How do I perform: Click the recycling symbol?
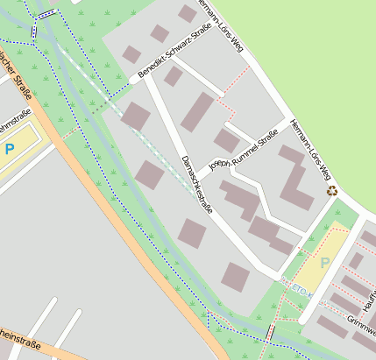point(332,189)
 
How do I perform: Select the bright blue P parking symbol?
point(10,150)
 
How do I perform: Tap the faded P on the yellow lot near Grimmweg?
point(325,261)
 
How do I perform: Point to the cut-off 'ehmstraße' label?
point(15,119)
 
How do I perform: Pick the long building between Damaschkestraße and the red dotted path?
point(198,111)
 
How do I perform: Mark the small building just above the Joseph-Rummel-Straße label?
point(226,140)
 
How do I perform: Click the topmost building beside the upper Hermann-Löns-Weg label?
point(188,13)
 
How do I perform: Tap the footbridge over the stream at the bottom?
point(270,334)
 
